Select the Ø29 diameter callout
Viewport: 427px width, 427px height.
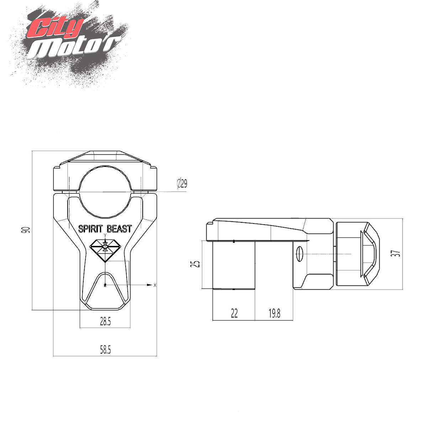click(x=182, y=183)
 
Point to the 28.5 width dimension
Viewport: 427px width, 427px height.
click(x=105, y=322)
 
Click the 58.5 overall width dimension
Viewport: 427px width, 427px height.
click(x=105, y=350)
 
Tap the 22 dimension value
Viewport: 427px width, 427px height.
click(x=234, y=313)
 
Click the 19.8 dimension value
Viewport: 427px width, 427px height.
click(x=274, y=313)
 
